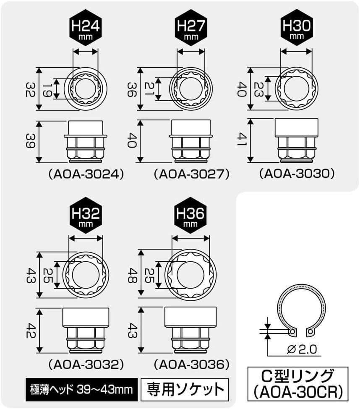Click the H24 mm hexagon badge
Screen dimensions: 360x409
86,28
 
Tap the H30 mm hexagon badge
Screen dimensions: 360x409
297,27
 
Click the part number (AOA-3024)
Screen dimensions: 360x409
86,174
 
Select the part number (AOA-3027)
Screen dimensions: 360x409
192,174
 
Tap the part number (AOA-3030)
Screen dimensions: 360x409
297,174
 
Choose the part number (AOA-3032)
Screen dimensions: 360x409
86,365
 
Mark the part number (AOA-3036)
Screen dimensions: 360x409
192,365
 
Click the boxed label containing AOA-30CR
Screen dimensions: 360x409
298,384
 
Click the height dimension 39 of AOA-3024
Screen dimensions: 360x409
30,141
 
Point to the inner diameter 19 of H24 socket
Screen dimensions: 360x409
47,89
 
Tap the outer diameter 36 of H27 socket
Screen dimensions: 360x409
132,89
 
